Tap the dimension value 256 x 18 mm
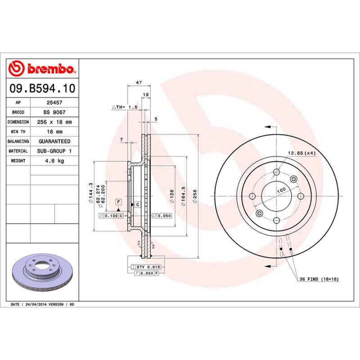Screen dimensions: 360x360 pyautogui.click(x=54, y=122)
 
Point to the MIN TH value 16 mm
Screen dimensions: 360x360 pyautogui.click(x=54, y=132)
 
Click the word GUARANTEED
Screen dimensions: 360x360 pyautogui.click(x=54, y=141)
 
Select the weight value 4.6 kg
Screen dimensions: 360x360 pyautogui.click(x=54, y=161)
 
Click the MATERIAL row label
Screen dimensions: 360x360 pyautogui.click(x=18, y=151)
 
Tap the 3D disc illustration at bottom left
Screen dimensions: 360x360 pyautogui.click(x=42, y=274)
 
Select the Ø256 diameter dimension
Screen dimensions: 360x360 pyautogui.click(x=195, y=197)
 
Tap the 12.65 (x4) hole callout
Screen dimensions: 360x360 pyautogui.click(x=301, y=153)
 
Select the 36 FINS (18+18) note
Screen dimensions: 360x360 pyautogui.click(x=319, y=279)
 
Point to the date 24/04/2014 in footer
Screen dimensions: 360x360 pyautogui.click(x=36, y=305)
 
